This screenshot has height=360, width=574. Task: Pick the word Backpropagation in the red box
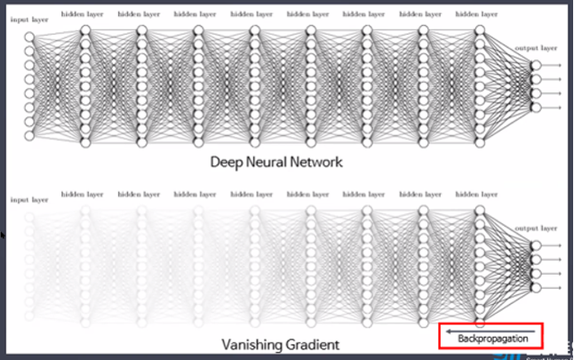point(490,339)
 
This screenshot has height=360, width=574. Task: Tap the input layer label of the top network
point(28,19)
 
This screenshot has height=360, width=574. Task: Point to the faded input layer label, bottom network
point(28,200)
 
